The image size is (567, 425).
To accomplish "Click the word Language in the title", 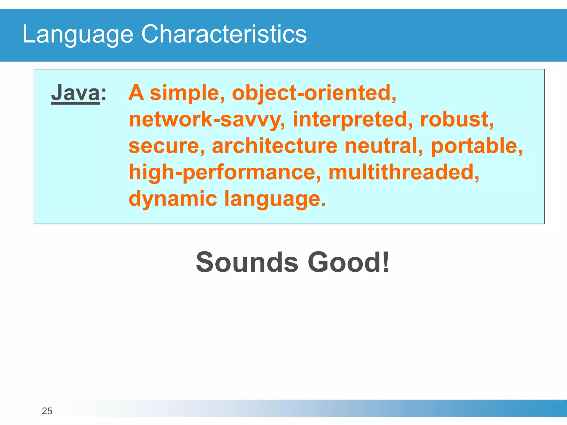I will point(78,34).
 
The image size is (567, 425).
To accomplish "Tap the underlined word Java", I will point(75,93).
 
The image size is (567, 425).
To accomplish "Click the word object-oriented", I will point(314,93).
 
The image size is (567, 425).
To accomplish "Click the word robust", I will point(457,120).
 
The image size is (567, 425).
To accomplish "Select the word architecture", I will point(274,146).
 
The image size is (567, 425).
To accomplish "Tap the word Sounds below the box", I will point(247,262).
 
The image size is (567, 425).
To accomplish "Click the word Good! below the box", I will point(349,262).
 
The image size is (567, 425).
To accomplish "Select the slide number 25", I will point(47,411).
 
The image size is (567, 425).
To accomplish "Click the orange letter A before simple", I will point(136,93).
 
